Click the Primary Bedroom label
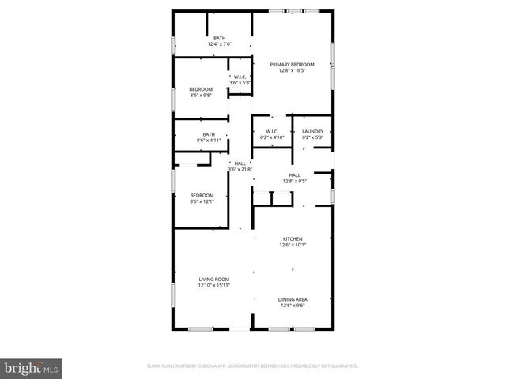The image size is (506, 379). (x=292, y=64)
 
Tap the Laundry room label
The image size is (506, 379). (x=312, y=131)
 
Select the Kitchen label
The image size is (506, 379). (x=293, y=238)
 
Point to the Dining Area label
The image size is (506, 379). (x=293, y=299)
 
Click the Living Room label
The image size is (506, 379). (x=213, y=280)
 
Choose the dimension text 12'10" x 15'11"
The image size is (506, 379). (x=213, y=286)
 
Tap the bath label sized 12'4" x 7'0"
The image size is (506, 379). (x=219, y=38)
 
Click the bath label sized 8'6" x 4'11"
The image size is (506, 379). (x=209, y=134)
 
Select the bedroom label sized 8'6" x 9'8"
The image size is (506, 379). (x=201, y=89)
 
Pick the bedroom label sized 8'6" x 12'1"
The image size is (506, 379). (x=202, y=195)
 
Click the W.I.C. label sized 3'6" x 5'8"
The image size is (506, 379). (x=240, y=77)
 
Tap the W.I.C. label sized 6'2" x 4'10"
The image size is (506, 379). (x=271, y=131)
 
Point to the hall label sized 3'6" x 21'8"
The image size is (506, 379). (x=240, y=163)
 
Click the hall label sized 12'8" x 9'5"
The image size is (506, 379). (x=294, y=175)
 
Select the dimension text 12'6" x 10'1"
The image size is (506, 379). (x=293, y=245)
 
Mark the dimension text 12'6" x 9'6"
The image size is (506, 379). (x=293, y=306)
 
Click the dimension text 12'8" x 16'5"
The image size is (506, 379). (x=292, y=70)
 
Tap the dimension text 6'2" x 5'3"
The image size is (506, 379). (x=312, y=137)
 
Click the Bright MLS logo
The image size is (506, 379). (x=32, y=368)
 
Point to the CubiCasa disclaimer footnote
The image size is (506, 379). (x=253, y=366)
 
